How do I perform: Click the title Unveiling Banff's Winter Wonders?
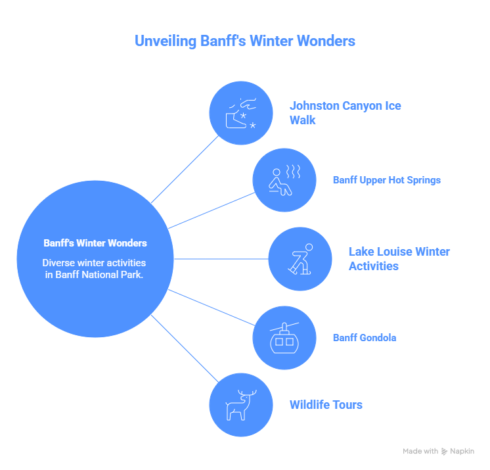(x=244, y=41)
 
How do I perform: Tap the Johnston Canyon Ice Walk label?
(x=345, y=112)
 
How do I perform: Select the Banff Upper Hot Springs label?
(x=386, y=180)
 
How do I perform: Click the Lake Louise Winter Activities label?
(x=399, y=259)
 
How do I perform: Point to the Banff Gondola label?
(x=364, y=338)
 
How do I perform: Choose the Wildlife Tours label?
(x=326, y=405)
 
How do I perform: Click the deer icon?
(x=240, y=405)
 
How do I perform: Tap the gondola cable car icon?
(x=284, y=337)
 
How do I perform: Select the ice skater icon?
(x=300, y=259)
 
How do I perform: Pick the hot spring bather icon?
(x=284, y=180)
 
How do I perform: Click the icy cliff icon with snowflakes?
(x=240, y=113)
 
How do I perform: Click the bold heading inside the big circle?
(x=95, y=243)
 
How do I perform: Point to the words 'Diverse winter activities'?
(x=95, y=263)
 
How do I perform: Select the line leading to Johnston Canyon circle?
(x=185, y=169)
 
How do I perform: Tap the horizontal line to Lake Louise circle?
(x=221, y=259)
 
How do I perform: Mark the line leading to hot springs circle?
(x=212, y=210)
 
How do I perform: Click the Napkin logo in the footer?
(x=458, y=452)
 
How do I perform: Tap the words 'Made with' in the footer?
(x=420, y=452)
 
